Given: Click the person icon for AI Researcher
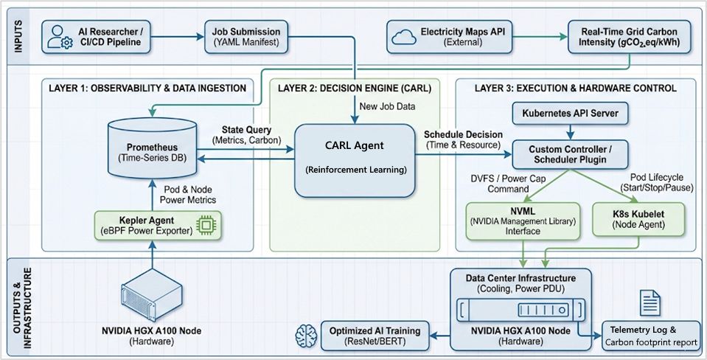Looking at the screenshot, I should tap(57, 37).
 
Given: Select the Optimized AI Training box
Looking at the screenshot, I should tap(375, 336).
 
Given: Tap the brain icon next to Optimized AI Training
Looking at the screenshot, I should tap(304, 336).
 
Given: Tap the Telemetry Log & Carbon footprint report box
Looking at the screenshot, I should tap(650, 336).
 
